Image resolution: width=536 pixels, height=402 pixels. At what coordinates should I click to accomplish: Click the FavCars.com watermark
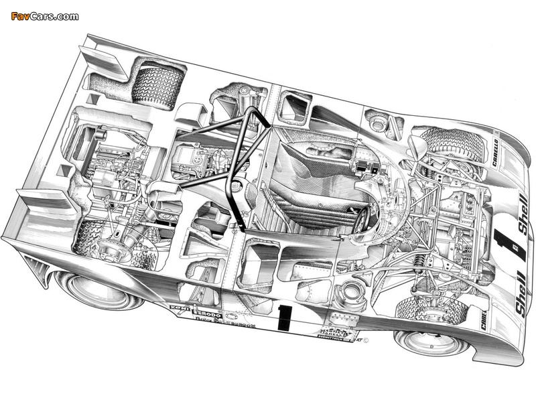click(x=45, y=16)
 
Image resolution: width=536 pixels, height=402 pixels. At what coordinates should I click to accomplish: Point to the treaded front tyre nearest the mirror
click(x=451, y=146)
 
